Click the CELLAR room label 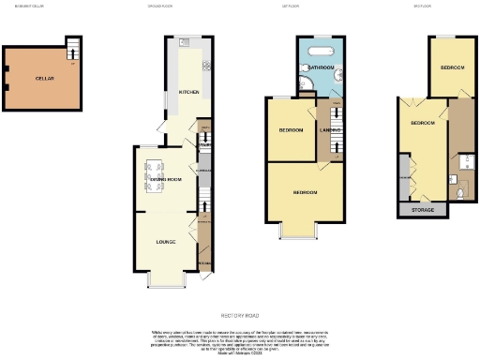43,78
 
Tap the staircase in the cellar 73,49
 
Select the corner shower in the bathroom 305,89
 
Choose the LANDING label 329,130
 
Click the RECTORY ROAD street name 239,316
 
